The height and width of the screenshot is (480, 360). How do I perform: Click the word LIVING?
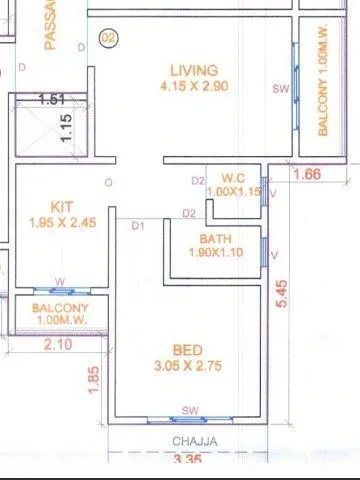[x=193, y=70]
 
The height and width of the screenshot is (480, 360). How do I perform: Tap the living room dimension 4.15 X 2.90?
[x=193, y=87]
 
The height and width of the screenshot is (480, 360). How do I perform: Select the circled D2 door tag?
[x=108, y=39]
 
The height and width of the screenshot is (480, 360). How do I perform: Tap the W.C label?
[x=233, y=179]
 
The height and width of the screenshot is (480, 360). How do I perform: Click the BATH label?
[x=215, y=239]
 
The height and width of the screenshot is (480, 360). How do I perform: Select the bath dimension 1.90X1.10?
[x=215, y=254]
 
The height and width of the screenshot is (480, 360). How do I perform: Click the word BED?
[x=188, y=349]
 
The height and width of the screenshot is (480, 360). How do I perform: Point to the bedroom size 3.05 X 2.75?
[x=188, y=366]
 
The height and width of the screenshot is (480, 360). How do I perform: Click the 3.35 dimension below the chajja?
[x=188, y=460]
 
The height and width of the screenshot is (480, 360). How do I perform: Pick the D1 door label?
[x=139, y=225]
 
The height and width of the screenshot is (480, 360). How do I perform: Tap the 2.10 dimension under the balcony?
[x=59, y=345]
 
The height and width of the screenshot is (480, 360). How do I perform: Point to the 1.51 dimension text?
[x=51, y=100]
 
